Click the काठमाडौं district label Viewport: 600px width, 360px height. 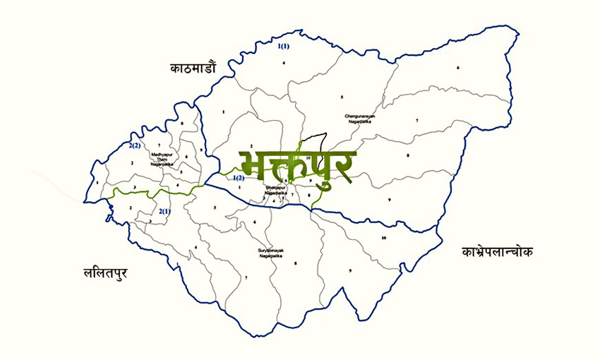(x=193, y=68)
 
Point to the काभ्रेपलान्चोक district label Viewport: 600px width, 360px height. (x=498, y=251)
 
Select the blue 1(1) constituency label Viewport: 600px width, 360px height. (x=284, y=47)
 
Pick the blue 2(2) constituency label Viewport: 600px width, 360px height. (x=135, y=145)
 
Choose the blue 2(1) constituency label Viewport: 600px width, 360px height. (x=164, y=211)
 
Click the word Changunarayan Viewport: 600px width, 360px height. (x=359, y=116)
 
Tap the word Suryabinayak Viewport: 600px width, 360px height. (x=271, y=251)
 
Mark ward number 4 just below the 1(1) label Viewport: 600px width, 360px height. (x=284, y=64)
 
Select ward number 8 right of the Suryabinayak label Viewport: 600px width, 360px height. (x=295, y=263)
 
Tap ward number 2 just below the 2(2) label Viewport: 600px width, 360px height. (x=132, y=163)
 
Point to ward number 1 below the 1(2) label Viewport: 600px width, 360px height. (x=239, y=187)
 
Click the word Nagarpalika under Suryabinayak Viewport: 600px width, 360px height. (x=271, y=256)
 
